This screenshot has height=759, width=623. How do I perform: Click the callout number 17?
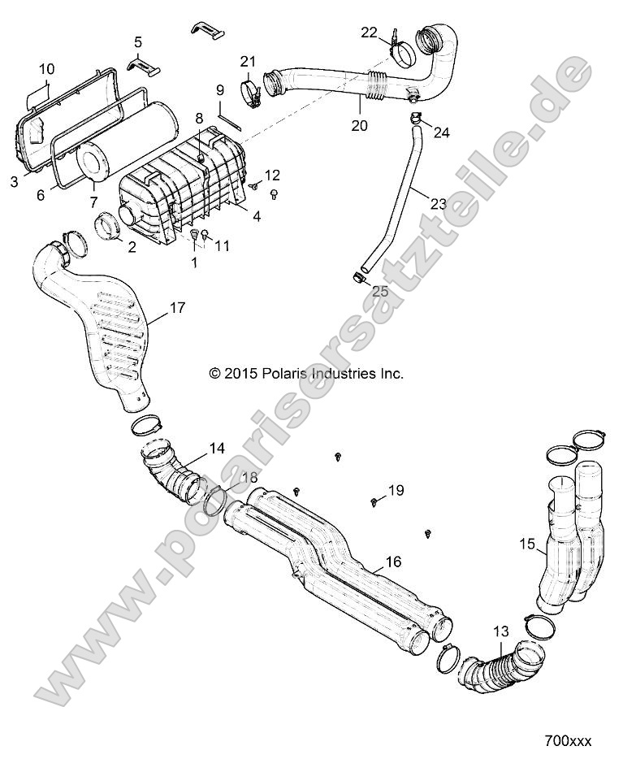(x=177, y=308)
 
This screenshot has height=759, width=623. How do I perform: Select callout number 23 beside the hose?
(x=438, y=204)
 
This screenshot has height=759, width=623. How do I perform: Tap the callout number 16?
(x=393, y=562)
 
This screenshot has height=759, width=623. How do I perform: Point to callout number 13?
(x=501, y=631)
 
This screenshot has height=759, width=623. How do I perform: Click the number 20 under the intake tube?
(x=359, y=125)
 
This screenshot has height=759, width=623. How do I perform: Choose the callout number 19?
(x=396, y=489)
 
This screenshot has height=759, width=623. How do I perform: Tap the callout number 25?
(x=380, y=290)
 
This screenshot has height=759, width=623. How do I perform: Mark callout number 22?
(x=369, y=32)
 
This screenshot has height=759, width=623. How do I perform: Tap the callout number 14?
(x=217, y=448)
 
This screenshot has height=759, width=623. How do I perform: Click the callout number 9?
(x=219, y=89)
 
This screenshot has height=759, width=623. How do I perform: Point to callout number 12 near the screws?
(x=271, y=174)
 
